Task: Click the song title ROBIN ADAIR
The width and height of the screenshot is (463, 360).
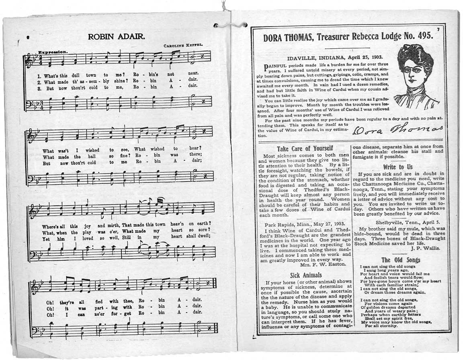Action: [117, 37]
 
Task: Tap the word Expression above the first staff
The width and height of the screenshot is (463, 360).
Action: [53, 52]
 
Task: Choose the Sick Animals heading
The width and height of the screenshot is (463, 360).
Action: [305, 275]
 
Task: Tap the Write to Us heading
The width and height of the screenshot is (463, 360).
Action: [398, 167]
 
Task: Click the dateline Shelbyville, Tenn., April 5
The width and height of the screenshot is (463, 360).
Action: [408, 221]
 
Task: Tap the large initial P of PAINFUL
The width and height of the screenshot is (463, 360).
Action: [266, 66]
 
